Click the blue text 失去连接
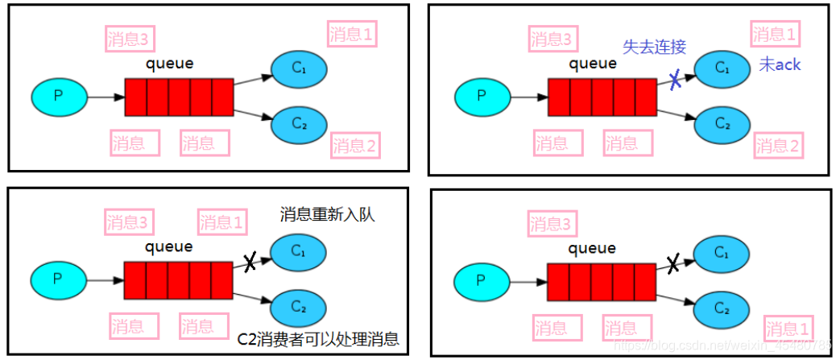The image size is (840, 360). point(654,46)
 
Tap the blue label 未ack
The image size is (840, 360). point(780,65)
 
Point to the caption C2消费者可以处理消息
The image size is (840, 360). point(319,338)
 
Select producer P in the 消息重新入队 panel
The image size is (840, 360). point(57,280)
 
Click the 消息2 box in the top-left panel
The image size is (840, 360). point(355,146)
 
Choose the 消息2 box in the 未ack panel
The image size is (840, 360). point(778,146)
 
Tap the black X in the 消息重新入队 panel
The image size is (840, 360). point(250,261)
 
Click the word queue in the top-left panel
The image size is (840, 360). point(169,64)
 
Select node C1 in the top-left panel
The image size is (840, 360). point(298,69)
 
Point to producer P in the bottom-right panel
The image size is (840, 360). point(482,281)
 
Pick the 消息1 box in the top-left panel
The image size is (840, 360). point(352,35)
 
